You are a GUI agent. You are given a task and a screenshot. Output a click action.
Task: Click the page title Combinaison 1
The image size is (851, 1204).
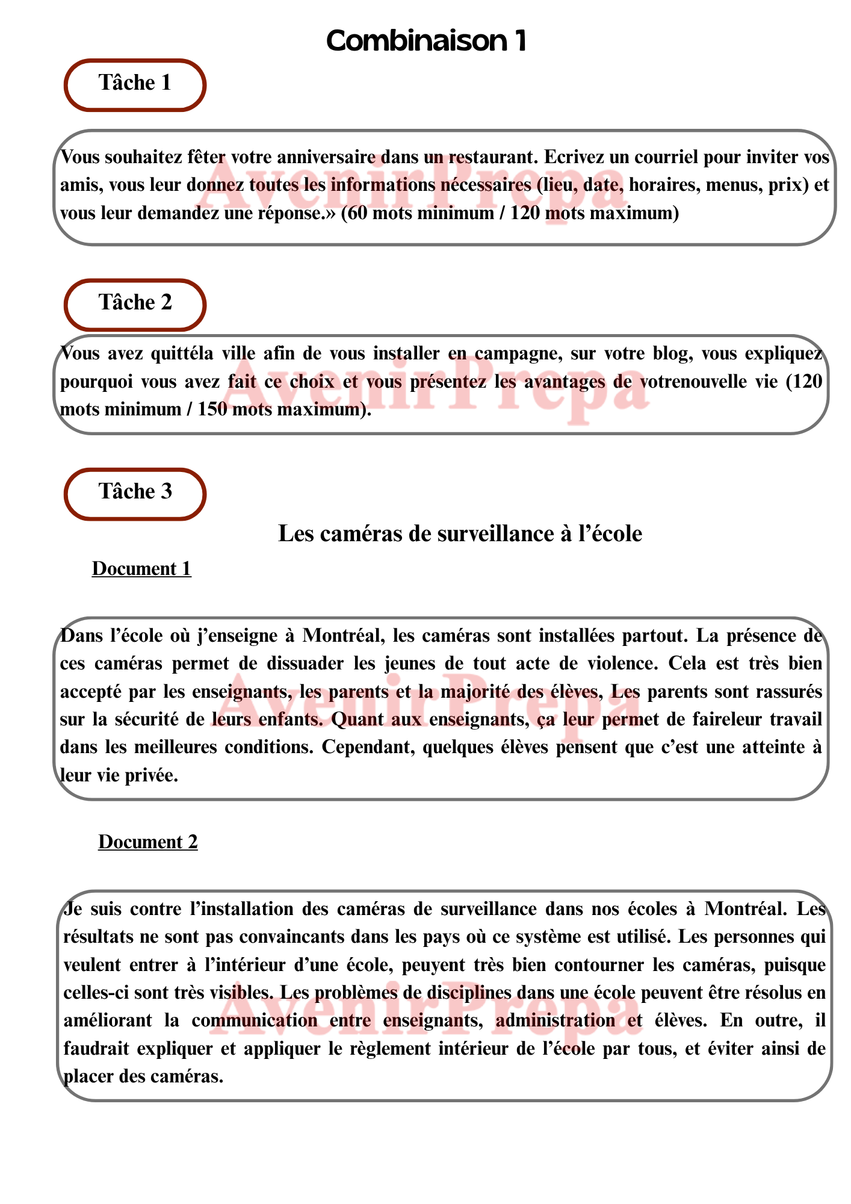click(426, 41)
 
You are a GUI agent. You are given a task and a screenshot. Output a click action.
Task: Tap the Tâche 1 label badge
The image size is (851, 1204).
click(135, 83)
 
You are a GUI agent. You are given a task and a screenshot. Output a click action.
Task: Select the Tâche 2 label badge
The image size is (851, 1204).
click(135, 303)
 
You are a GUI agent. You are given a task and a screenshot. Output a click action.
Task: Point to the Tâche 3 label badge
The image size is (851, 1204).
click(135, 492)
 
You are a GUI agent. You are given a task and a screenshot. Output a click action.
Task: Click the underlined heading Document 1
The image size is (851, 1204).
click(141, 569)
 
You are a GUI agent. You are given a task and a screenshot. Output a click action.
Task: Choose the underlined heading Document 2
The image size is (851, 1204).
click(148, 842)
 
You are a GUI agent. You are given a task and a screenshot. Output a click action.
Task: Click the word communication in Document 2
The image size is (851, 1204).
click(255, 1020)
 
